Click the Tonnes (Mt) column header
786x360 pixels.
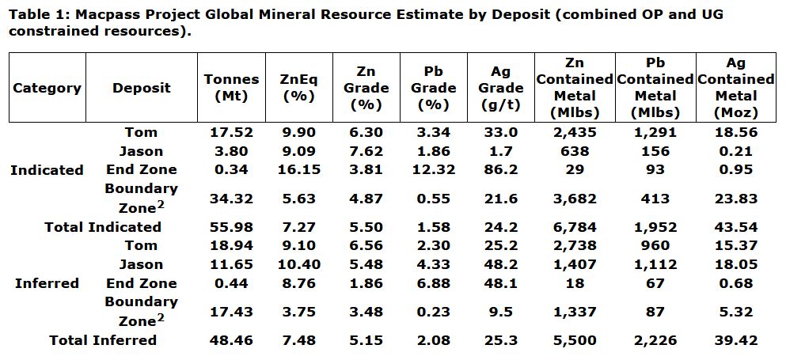click(231, 87)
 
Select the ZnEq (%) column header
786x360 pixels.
click(298, 87)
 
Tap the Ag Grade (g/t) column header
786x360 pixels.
click(500, 87)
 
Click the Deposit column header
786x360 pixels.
click(141, 88)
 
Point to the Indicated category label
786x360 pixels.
click(47, 170)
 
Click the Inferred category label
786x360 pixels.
click(47, 283)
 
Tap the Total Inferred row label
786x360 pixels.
click(103, 340)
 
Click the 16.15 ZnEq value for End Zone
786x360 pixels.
click(298, 169)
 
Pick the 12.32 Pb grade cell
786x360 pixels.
click(433, 169)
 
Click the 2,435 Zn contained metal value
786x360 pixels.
click(573, 132)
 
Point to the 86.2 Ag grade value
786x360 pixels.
click(500, 169)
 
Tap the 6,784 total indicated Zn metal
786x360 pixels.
click(573, 227)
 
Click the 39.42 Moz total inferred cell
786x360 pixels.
click(736, 340)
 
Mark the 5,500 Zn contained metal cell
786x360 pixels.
click(573, 340)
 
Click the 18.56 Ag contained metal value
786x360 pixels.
click(736, 132)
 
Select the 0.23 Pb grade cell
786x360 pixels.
click(433, 312)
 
